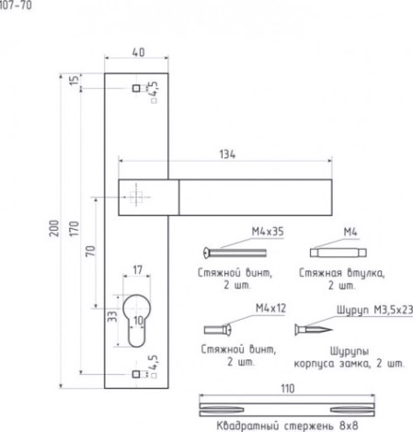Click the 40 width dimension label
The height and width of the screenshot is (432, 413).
click(138, 52)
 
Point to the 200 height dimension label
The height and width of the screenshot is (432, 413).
click(54, 228)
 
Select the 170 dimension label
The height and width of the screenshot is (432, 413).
click(75, 229)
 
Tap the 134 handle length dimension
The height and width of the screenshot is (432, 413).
click(227, 154)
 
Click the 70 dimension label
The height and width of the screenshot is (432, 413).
click(90, 251)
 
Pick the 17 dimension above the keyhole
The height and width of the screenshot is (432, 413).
click(138, 270)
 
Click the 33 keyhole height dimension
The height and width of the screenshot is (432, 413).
click(112, 316)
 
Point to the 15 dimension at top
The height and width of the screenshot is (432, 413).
click(75, 80)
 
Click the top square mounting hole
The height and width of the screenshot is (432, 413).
click(136, 88)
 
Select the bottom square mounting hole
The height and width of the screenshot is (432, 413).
click(136, 374)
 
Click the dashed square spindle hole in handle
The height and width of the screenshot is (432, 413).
click(136, 198)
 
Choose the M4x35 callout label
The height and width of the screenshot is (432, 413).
click(268, 232)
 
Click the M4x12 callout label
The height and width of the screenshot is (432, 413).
click(270, 308)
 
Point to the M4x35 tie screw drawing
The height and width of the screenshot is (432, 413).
click(235, 253)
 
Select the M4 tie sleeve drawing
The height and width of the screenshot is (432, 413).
click(338, 253)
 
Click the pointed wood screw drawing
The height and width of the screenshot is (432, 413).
click(314, 330)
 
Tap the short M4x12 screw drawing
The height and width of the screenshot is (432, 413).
click(218, 330)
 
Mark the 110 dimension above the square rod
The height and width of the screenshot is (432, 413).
click(288, 389)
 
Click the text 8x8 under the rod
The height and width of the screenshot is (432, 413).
click(349, 426)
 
